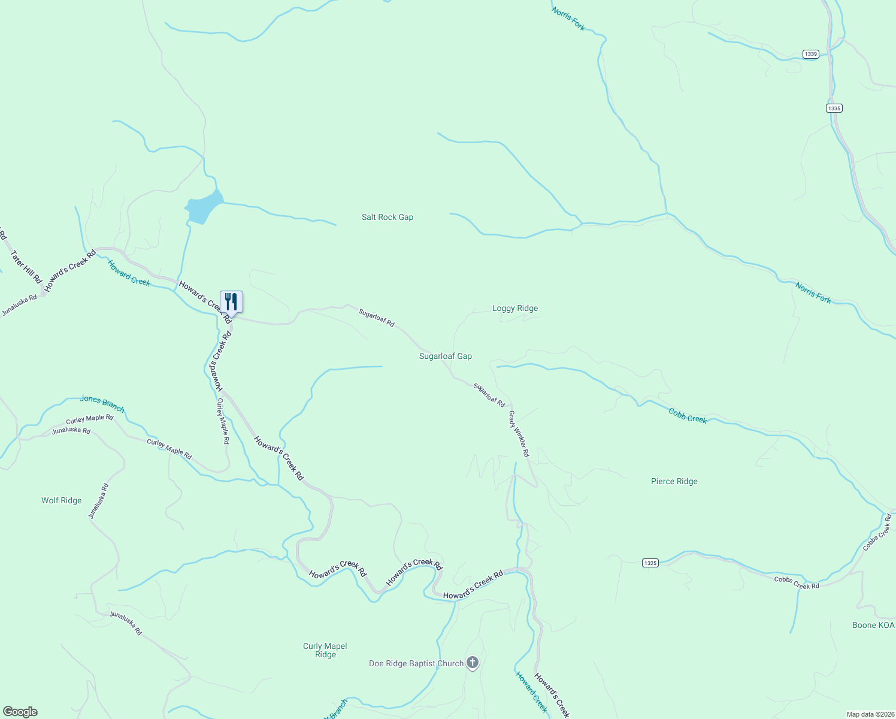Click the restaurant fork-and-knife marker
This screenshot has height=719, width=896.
[x=231, y=301]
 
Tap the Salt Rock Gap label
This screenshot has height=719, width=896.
[x=388, y=217]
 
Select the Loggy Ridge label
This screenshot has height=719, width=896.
[x=515, y=308]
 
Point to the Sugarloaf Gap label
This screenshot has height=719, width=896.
[x=445, y=356]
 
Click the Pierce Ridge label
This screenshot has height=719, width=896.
[x=674, y=481]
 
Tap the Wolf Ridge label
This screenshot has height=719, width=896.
[x=61, y=500]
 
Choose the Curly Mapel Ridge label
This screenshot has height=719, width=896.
[x=325, y=650]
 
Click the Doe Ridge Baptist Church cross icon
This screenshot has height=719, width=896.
[x=473, y=663]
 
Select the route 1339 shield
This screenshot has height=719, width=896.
[x=811, y=54]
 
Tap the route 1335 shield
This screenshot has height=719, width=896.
[x=834, y=108]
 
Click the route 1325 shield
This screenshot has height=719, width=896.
[x=650, y=563]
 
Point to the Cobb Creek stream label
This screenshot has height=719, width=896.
[x=688, y=416]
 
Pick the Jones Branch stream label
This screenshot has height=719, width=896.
[x=102, y=404]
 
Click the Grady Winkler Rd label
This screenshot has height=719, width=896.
[x=519, y=434]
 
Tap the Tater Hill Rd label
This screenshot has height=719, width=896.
[x=26, y=267]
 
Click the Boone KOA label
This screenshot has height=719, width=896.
[x=873, y=625]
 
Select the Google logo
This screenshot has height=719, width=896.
[x=20, y=712]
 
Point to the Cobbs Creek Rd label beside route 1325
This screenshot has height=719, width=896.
[x=797, y=582]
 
